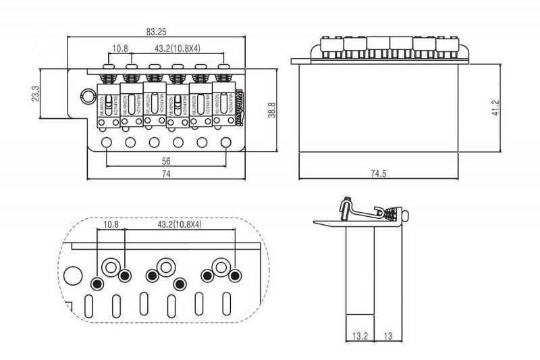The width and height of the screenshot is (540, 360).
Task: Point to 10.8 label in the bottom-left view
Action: coord(111,224)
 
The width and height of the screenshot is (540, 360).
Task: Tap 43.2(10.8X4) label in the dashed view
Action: coord(180,224)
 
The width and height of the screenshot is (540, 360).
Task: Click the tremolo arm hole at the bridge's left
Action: coord(86,94)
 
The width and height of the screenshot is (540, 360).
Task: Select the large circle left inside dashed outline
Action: coord(72,275)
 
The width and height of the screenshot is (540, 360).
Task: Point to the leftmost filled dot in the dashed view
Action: coord(99,282)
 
